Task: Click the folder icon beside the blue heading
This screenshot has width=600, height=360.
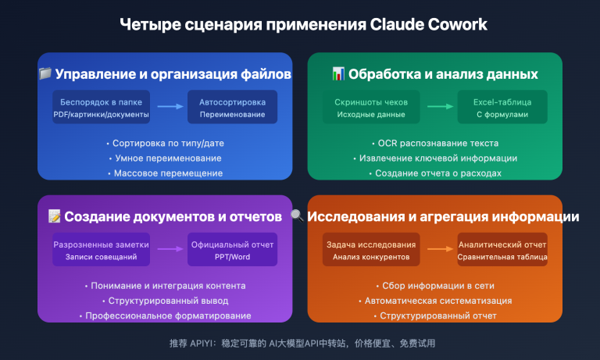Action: (x=45, y=74)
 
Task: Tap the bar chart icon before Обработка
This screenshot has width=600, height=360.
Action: (x=337, y=74)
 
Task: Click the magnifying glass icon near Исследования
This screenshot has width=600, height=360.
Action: (x=298, y=216)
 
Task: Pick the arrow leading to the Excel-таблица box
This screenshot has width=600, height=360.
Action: (x=440, y=107)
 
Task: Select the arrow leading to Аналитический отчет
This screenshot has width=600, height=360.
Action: (x=440, y=250)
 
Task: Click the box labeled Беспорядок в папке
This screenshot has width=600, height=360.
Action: (x=101, y=108)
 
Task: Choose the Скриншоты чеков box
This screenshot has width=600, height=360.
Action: (x=371, y=108)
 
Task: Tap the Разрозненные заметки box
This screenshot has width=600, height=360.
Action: (x=101, y=250)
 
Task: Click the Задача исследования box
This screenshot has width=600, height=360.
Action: (x=371, y=250)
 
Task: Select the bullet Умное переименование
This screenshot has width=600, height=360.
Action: (x=165, y=159)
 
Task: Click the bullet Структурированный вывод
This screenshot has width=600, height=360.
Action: (x=165, y=301)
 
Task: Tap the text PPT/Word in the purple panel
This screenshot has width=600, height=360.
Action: (x=232, y=257)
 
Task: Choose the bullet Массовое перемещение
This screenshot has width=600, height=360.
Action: (x=165, y=173)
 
